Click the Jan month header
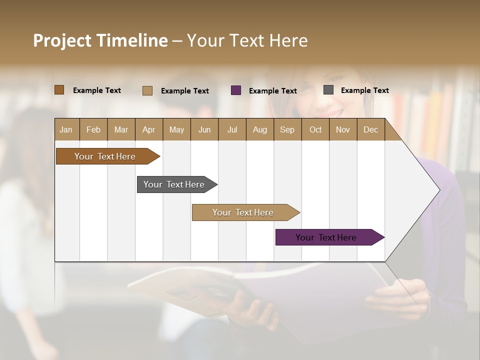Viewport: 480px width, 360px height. [x=66, y=129]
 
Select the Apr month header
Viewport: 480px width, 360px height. [x=149, y=129]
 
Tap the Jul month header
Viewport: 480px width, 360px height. [x=232, y=129]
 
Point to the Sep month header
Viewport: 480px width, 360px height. [x=287, y=129]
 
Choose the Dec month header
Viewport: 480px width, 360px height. [x=370, y=129]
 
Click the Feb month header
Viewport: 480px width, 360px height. [x=93, y=129]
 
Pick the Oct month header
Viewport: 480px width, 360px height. [x=315, y=129]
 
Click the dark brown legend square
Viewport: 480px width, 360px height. [x=59, y=90]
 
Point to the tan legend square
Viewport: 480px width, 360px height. [x=147, y=90]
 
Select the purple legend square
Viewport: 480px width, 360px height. [x=236, y=90]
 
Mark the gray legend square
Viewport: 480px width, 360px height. [x=328, y=90]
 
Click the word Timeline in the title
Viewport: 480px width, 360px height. [x=131, y=40]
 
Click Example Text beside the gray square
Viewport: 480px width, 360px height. [x=364, y=90]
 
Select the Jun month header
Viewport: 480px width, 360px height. [x=204, y=129]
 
